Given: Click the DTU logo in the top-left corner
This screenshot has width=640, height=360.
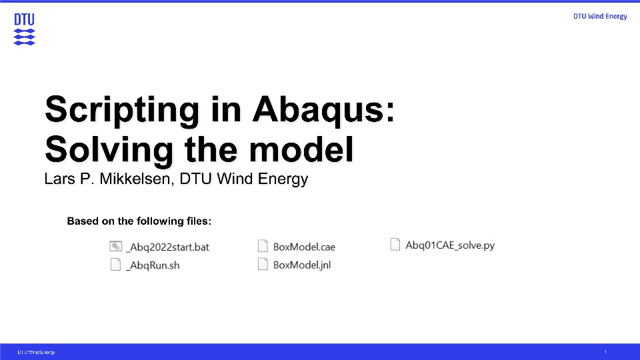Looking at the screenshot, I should click(24, 29).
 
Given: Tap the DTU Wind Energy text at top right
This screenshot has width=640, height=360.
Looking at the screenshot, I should click(600, 16).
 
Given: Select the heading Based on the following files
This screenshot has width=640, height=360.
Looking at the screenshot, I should click(139, 221).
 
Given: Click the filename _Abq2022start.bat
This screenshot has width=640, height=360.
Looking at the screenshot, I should click(169, 247).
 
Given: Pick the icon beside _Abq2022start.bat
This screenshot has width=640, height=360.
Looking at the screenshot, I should click(115, 246).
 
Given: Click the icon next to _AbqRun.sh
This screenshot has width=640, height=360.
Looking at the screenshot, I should click(115, 265).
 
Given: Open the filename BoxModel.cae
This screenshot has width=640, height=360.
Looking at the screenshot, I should click(304, 247).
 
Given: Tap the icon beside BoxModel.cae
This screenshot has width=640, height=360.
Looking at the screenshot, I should click(263, 246).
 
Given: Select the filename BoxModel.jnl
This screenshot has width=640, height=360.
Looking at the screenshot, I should click(302, 265).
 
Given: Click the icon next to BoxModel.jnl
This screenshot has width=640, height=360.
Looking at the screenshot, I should click(263, 265).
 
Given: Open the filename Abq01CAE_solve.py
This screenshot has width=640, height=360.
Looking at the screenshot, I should click(450, 245).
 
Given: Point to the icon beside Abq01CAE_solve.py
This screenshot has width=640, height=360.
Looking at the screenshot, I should click(395, 245).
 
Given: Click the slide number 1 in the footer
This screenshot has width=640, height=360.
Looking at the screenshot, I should click(605, 352).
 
